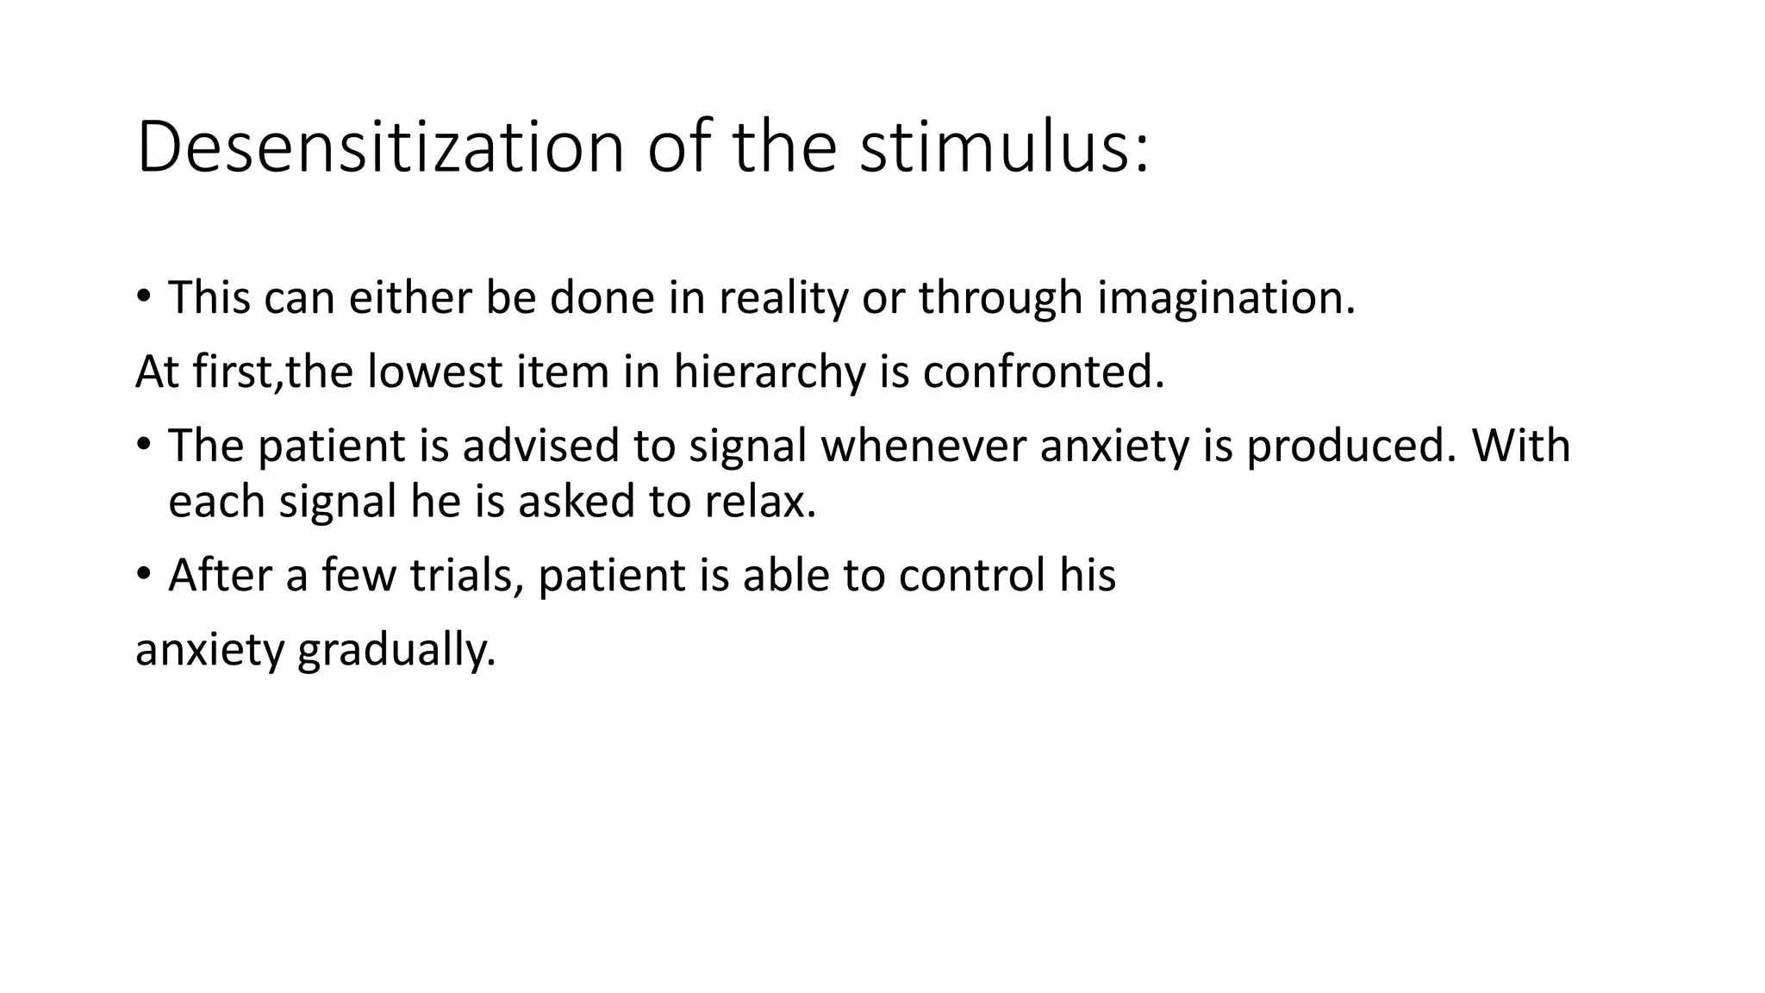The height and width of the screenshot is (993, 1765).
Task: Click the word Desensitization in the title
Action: coord(380,147)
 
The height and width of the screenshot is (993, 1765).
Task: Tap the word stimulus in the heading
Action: coord(1003,147)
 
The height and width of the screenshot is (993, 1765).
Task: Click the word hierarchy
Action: coord(769,372)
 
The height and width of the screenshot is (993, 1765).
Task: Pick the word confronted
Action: coord(1043,372)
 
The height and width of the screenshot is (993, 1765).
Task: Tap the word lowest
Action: coord(434,372)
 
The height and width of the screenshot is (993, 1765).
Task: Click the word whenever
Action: coord(922,447)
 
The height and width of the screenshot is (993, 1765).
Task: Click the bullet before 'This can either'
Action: coord(144,298)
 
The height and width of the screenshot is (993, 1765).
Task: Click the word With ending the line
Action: coord(1521,447)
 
